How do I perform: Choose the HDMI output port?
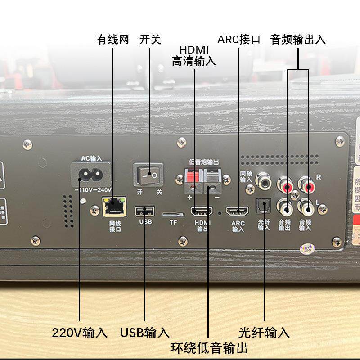tap(202, 211)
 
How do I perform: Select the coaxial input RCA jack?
tap(263, 181)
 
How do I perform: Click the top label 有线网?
tap(113, 40)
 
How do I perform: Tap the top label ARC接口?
tap(239, 40)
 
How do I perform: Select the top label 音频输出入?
tap(298, 40)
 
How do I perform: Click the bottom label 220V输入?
tap(80, 333)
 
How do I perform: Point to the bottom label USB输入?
tap(145, 333)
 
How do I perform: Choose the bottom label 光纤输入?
tap(264, 333)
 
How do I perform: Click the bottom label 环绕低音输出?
tap(209, 348)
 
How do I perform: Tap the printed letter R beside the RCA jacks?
tap(319, 176)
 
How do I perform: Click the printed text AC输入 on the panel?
tap(91, 158)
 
